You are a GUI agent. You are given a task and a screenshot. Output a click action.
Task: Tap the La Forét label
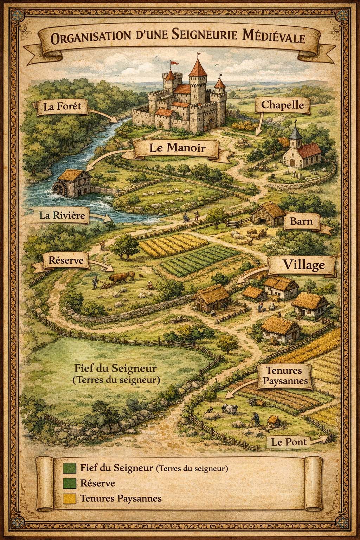click(62, 106)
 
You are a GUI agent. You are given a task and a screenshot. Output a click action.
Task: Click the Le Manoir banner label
click(177, 148)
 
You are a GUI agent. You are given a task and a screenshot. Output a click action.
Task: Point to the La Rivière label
click(62, 215)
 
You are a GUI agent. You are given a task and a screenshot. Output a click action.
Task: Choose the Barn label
click(301, 222)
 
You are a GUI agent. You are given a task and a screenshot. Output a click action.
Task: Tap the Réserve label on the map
click(64, 261)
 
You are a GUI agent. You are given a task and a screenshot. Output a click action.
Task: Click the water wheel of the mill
click(60, 190)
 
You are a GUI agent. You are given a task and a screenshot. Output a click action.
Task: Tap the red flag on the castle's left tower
click(173, 63)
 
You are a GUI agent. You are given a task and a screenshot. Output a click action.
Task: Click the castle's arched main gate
click(211, 123)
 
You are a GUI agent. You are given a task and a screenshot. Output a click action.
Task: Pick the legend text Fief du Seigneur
click(116, 468)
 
